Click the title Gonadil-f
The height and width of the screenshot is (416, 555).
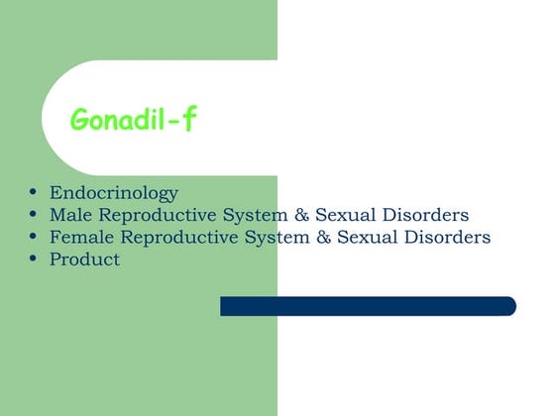tap(134, 121)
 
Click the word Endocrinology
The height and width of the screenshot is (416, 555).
tap(113, 192)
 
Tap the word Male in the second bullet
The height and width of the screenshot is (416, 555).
tap(69, 215)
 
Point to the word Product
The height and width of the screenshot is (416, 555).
tap(84, 260)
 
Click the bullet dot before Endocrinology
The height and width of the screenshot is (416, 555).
tap(35, 191)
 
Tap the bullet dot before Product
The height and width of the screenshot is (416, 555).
tap(35, 260)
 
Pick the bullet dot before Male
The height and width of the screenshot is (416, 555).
tap(35, 214)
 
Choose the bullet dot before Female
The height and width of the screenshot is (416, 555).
tap(35, 237)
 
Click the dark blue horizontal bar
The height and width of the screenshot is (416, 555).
tap(368, 306)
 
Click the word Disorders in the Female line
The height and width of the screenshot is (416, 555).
tap(451, 238)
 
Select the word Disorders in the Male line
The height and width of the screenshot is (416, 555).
tap(429, 215)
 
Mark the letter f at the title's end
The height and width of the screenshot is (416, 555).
tap(189, 120)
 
